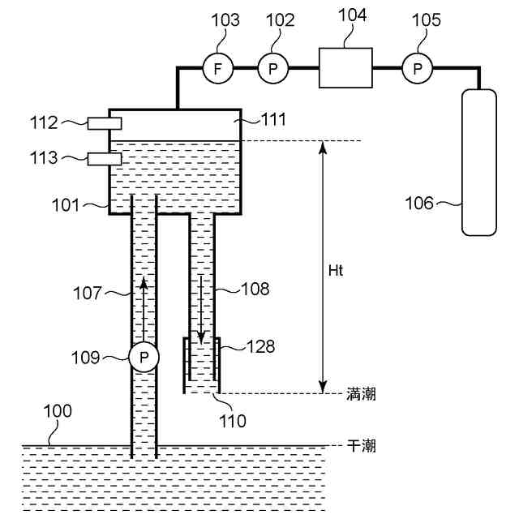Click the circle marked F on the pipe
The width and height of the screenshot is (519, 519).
[217, 69]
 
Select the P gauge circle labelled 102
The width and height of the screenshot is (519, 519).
[273, 69]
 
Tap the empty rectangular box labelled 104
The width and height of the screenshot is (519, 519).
[345, 67]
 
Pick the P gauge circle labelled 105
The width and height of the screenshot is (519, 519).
[418, 69]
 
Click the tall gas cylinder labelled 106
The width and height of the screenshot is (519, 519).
[478, 161]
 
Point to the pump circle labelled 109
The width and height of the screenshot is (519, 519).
[144, 357]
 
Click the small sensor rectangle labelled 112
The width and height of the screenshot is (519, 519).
[104, 122]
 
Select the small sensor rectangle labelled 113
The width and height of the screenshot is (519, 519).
[104, 158]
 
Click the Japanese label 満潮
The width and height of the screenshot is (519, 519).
[361, 395]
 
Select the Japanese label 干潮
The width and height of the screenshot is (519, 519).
[361, 446]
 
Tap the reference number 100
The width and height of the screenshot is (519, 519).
[58, 411]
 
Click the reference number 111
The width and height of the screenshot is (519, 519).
[273, 120]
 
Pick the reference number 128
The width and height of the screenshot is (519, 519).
[261, 347]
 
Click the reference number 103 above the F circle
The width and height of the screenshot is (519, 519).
[226, 20]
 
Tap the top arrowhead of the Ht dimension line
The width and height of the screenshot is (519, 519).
[323, 147]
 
